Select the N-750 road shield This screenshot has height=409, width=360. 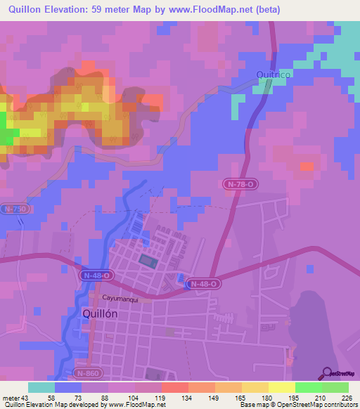coord(13,209)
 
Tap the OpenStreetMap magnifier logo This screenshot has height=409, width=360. coord(327,374)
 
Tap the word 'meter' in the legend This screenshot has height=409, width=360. coord(11,398)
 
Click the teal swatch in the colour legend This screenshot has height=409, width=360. coord(41,387)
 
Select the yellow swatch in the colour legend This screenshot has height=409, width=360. coord(282,387)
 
